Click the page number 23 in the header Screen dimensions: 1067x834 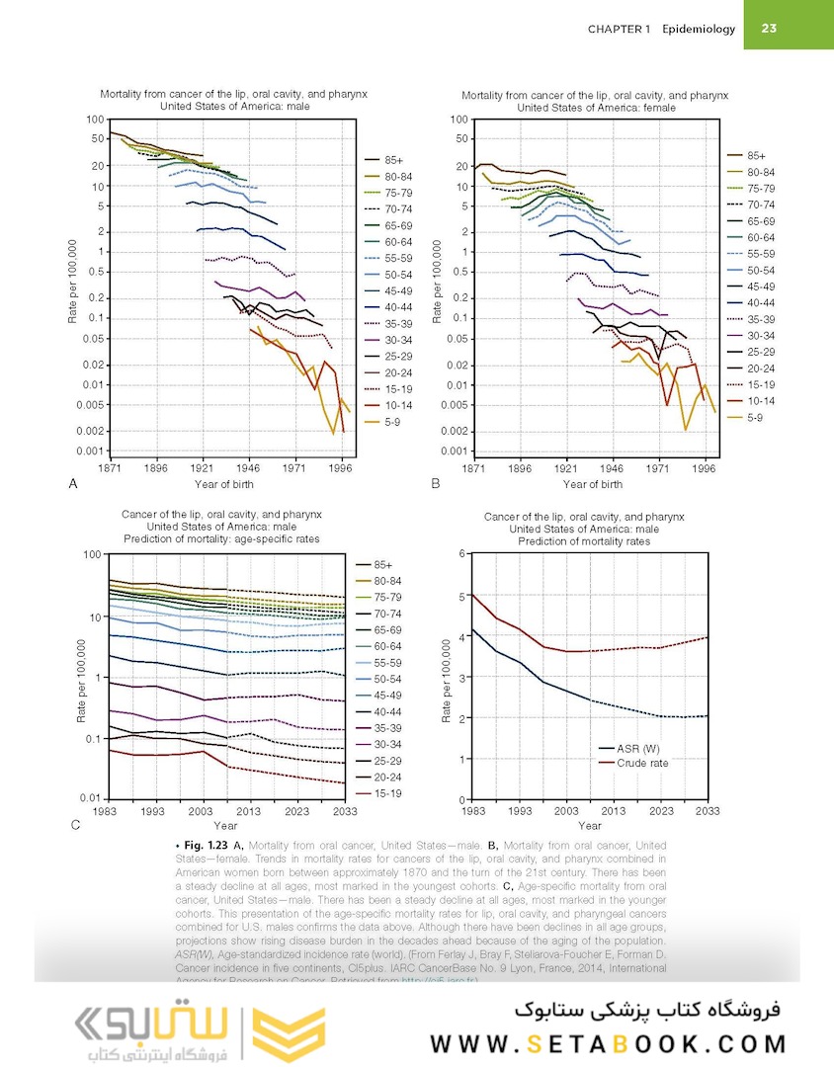tap(771, 29)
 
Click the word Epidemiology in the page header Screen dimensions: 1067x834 tap(699, 29)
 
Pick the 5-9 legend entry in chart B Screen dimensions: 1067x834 tap(756, 419)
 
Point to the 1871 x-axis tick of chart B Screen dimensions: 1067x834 tap(474, 468)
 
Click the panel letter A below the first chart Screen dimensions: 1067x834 tap(72, 484)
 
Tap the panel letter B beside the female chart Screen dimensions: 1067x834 tap(436, 484)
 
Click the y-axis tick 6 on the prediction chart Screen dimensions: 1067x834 tap(462, 554)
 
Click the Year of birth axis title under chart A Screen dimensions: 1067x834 tap(226, 484)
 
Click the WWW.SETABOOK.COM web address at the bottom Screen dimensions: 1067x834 tap(609, 1043)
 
